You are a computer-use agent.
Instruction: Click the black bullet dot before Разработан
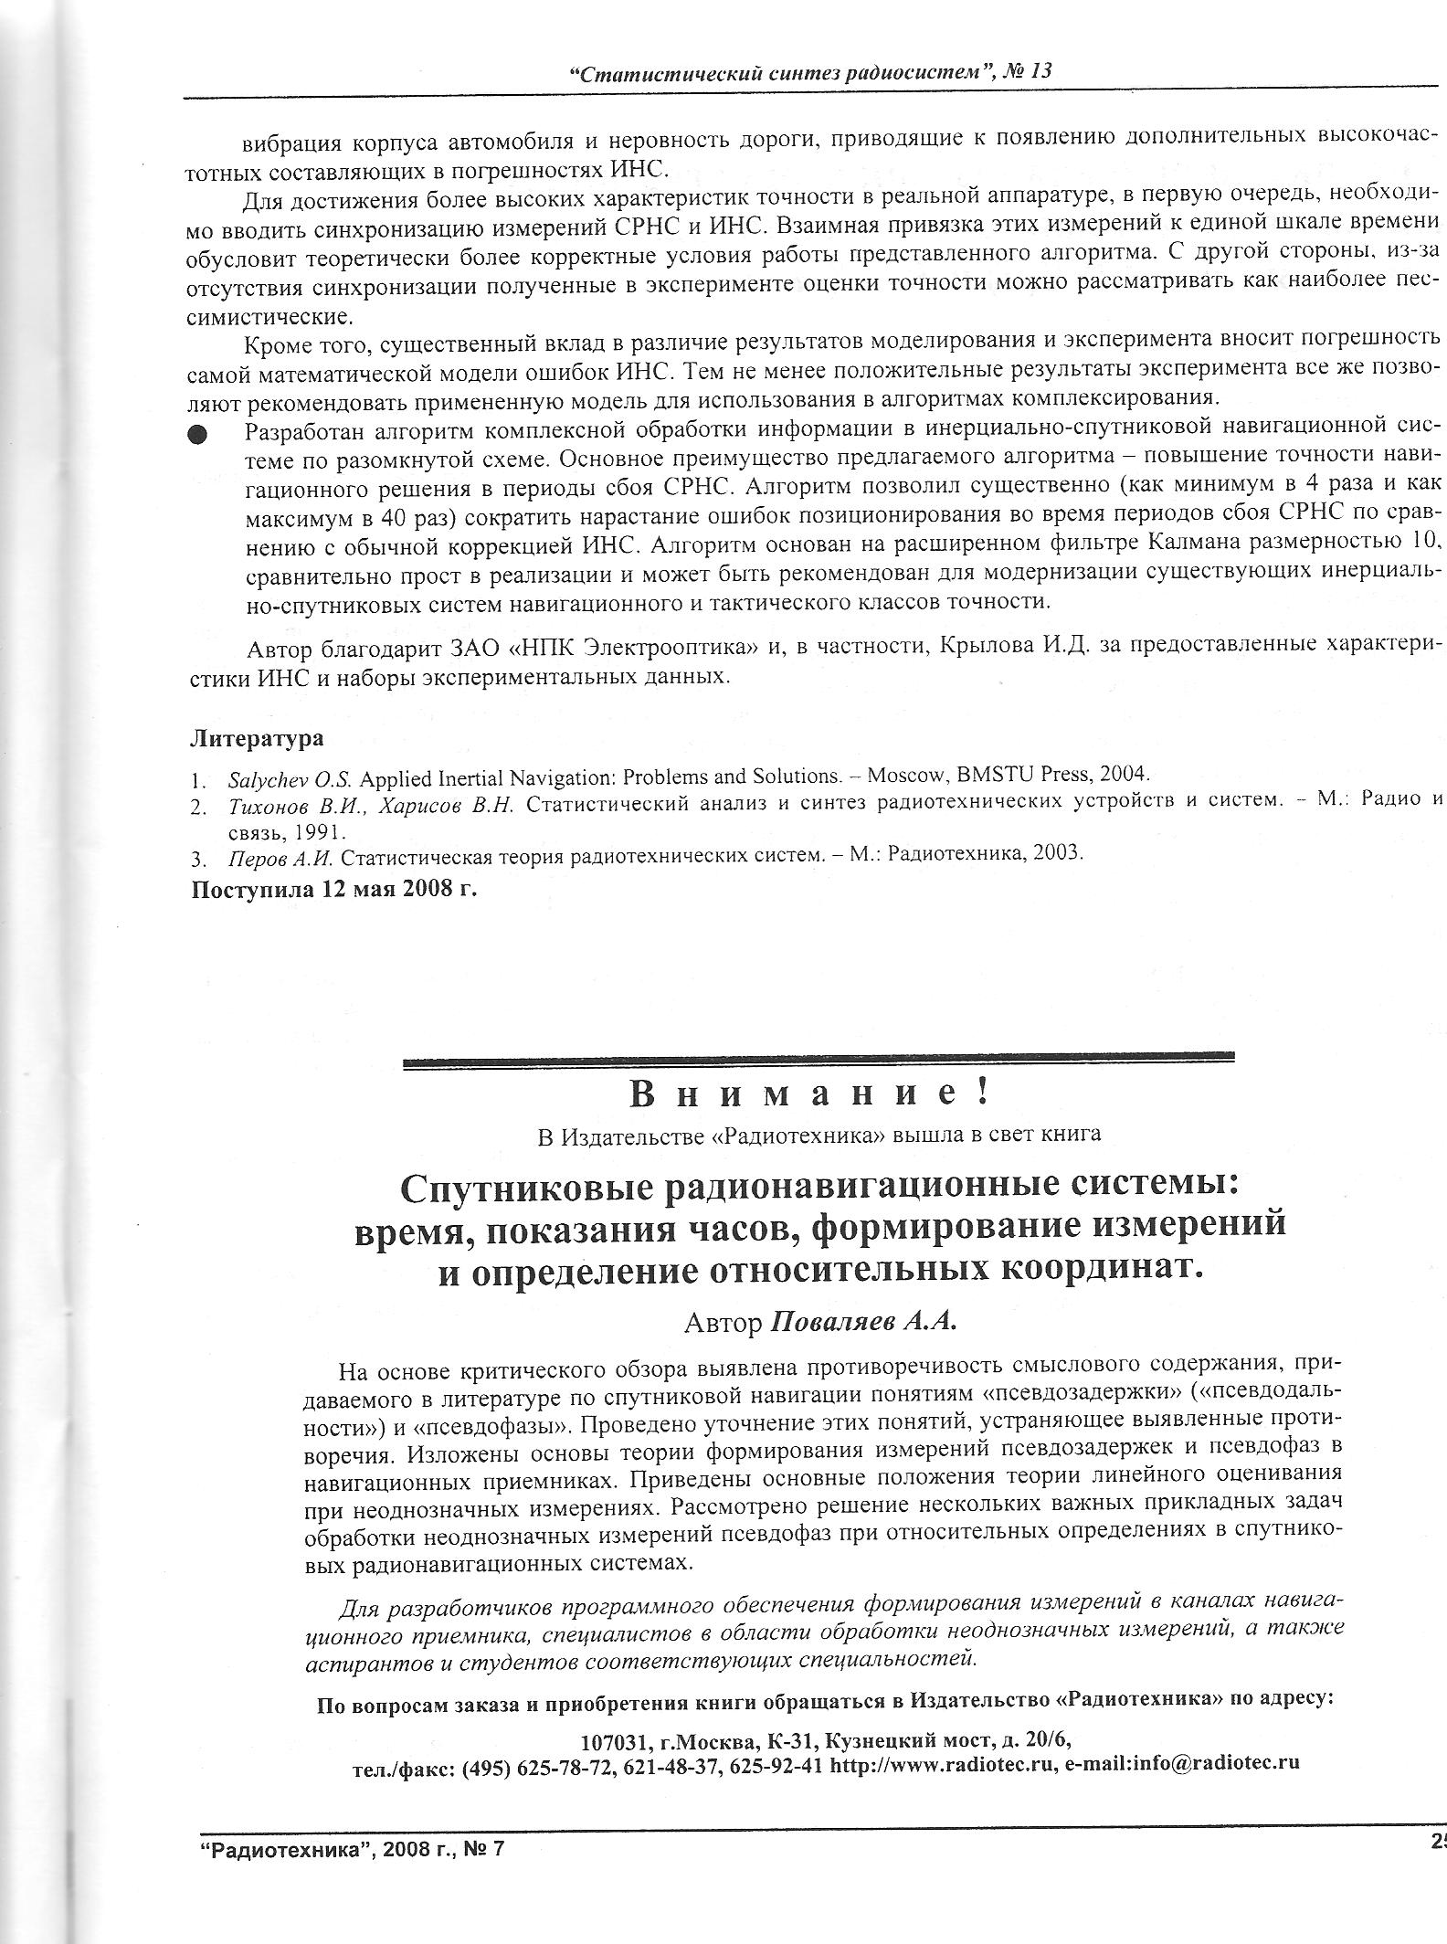pos(197,435)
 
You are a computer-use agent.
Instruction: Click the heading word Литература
pos(257,737)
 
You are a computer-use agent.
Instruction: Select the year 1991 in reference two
pos(286,832)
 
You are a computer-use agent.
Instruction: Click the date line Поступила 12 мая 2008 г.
pos(333,889)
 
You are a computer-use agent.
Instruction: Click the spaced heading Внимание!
pos(808,1093)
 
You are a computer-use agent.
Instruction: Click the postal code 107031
pos(616,1738)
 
